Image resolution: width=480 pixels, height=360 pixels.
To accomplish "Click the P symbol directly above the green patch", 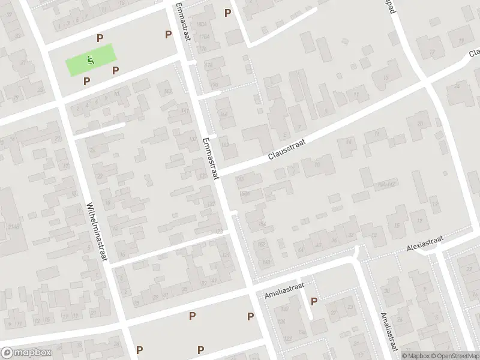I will point(100,38).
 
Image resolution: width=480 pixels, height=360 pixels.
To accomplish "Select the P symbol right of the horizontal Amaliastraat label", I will point(314,301).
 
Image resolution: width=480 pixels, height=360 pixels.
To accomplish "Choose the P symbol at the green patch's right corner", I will point(116,70).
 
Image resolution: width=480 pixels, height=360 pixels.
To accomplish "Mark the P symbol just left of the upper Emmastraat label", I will point(169,34).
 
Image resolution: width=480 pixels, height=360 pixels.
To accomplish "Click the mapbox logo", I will point(25,353).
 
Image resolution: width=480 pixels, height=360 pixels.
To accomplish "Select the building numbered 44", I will point(301,249).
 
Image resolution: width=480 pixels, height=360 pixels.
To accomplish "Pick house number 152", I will point(261,244).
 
